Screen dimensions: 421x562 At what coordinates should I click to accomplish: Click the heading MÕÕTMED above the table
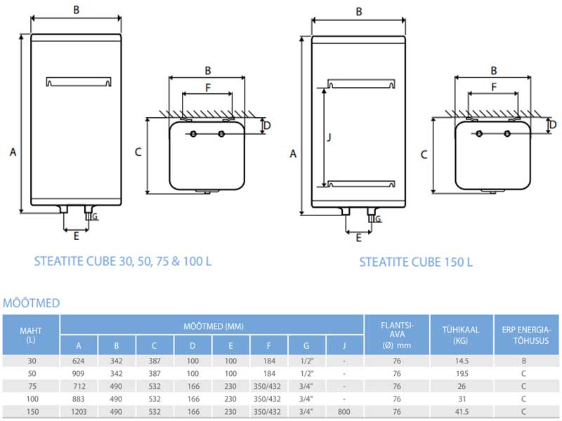(x=32, y=303)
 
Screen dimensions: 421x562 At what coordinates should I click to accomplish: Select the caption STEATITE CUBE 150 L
(x=416, y=262)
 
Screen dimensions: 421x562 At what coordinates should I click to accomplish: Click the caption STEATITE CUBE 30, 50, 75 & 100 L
(x=123, y=261)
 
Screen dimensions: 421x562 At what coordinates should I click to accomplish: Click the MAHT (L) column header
(x=31, y=335)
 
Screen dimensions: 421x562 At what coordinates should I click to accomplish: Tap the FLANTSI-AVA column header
(x=397, y=335)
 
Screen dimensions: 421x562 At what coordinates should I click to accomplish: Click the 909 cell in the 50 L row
(x=79, y=373)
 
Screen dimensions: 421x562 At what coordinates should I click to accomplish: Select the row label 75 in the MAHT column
(x=31, y=385)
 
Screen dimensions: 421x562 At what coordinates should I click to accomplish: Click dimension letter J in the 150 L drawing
(x=329, y=138)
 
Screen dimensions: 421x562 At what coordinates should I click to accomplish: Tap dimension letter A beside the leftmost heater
(x=12, y=150)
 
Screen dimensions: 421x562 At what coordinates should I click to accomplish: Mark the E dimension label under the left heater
(x=76, y=236)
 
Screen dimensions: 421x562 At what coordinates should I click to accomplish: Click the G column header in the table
(x=306, y=345)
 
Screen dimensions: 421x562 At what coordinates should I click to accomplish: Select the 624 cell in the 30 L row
(x=79, y=360)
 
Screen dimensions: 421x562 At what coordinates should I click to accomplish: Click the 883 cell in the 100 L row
(x=79, y=398)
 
